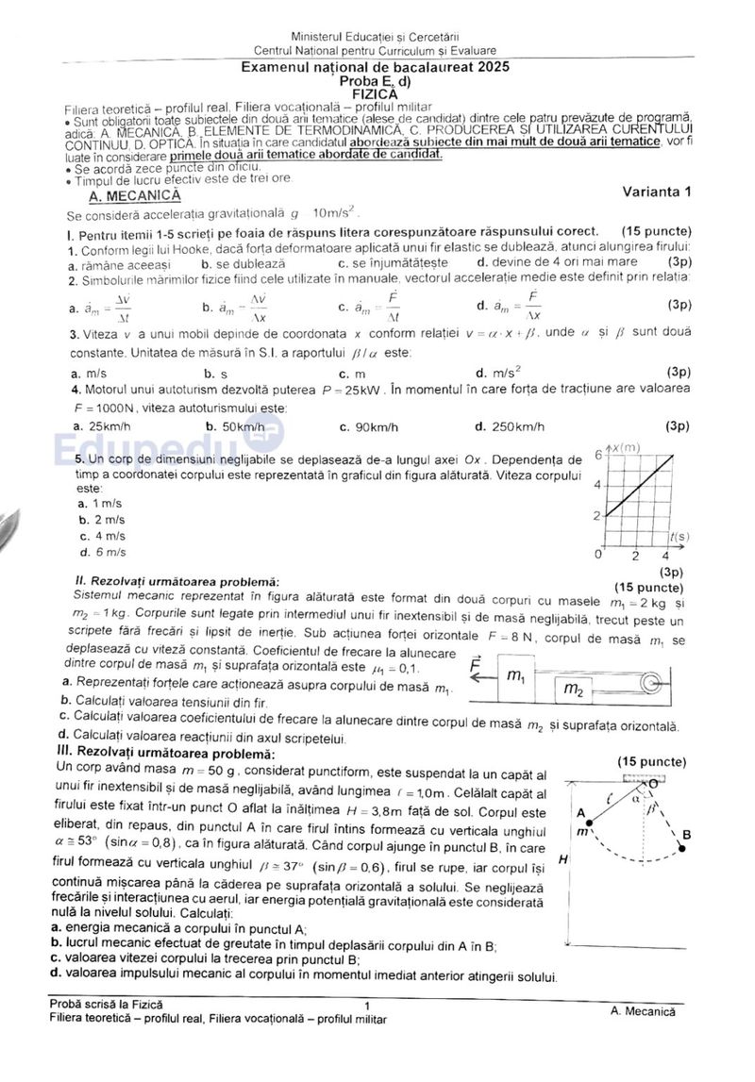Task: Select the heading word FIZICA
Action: click(377, 94)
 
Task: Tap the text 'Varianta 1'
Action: click(657, 191)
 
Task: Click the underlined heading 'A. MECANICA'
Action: click(133, 196)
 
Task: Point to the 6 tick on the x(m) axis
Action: click(597, 455)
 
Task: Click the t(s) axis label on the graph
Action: click(678, 537)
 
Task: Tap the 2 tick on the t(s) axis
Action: click(637, 555)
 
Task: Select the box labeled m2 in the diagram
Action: click(573, 691)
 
